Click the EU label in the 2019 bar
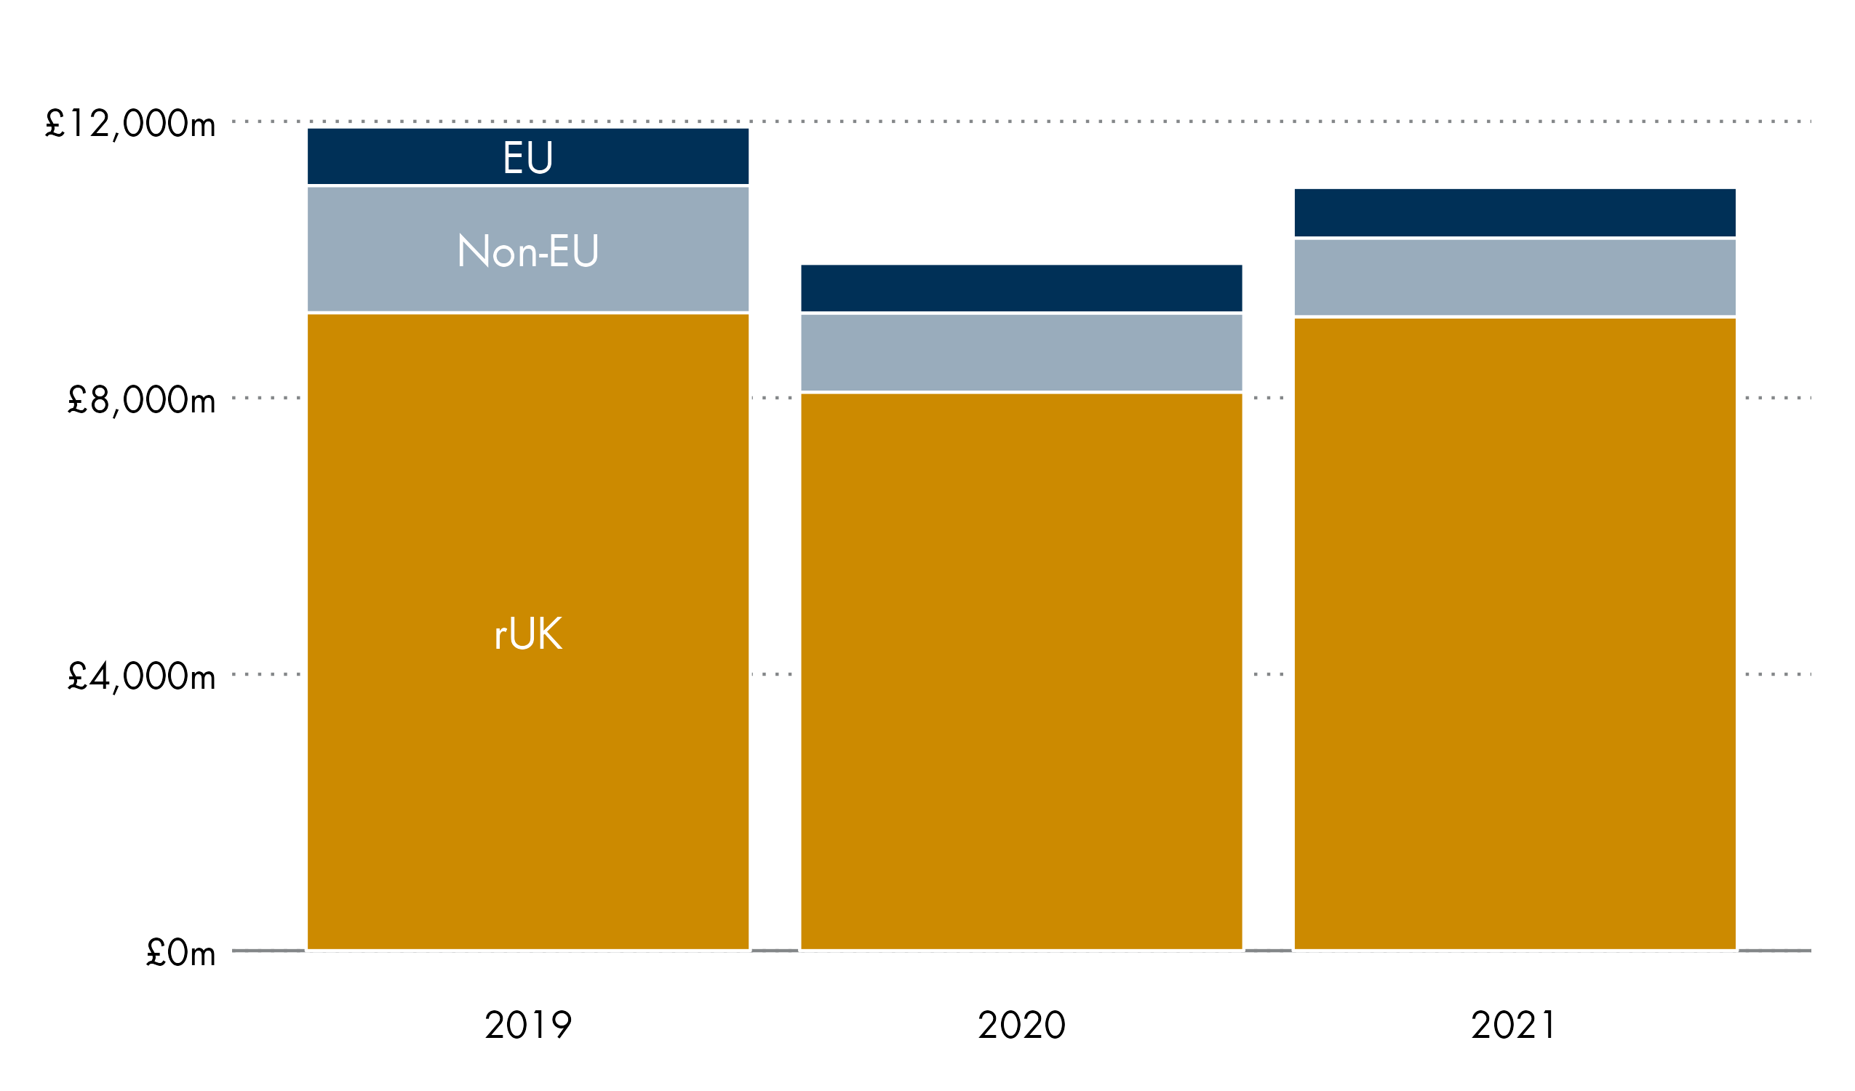[x=527, y=158]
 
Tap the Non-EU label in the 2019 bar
[x=527, y=251]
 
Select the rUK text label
[x=527, y=633]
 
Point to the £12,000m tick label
[x=130, y=124]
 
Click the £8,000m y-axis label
[x=141, y=401]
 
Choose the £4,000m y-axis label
[x=141, y=676]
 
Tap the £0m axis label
[x=180, y=954]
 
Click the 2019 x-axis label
[x=527, y=1025]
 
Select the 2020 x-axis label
[x=1021, y=1025]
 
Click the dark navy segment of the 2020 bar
[x=1021, y=288]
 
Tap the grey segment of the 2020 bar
[x=1021, y=353]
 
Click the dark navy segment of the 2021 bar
[x=1514, y=213]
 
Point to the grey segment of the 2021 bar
[x=1514, y=278]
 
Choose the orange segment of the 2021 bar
[x=1514, y=633]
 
